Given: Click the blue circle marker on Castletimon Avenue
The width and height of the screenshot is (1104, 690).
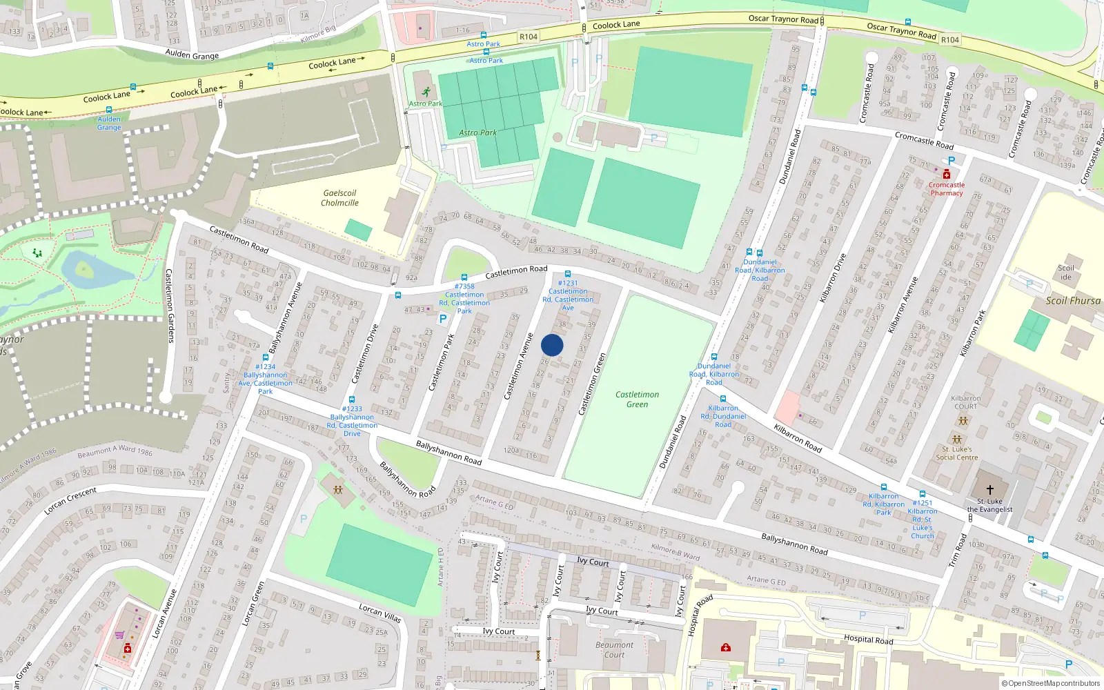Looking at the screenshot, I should pyautogui.click(x=552, y=345).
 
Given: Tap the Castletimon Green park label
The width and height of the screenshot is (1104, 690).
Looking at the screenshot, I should pyautogui.click(x=637, y=400).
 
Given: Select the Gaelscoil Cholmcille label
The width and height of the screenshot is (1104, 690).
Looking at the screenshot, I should pyautogui.click(x=339, y=198).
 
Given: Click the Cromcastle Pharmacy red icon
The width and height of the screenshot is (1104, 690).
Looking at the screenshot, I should pyautogui.click(x=947, y=175).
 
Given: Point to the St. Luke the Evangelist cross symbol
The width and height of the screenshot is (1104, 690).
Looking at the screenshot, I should pyautogui.click(x=989, y=490).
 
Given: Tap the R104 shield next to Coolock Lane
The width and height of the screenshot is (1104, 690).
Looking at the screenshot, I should pyautogui.click(x=529, y=37).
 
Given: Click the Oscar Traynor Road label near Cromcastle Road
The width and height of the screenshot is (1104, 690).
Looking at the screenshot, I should pyautogui.click(x=901, y=30).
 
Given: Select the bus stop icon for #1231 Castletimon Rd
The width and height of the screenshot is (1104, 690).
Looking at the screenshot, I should pyautogui.click(x=568, y=274).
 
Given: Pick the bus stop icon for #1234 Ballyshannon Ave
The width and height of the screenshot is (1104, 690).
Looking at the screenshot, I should pyautogui.click(x=266, y=358).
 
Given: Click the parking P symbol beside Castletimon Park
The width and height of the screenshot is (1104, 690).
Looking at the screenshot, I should pyautogui.click(x=443, y=319).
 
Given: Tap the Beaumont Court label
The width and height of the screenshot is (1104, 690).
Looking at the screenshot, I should pyautogui.click(x=614, y=650).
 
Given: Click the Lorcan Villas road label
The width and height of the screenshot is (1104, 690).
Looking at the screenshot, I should pyautogui.click(x=379, y=612).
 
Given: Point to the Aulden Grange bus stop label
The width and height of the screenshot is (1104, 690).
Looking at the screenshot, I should pyautogui.click(x=109, y=123).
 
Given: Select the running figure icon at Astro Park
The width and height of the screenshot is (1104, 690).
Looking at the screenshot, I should pyautogui.click(x=426, y=92).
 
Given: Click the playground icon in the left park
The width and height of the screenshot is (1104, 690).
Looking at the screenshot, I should pyautogui.click(x=37, y=253).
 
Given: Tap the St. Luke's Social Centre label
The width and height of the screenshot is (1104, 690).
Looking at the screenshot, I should pyautogui.click(x=957, y=453).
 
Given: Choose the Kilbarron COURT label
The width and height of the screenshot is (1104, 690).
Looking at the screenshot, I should pyautogui.click(x=965, y=402).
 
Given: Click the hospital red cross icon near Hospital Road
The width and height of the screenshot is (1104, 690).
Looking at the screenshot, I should pyautogui.click(x=725, y=647).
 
